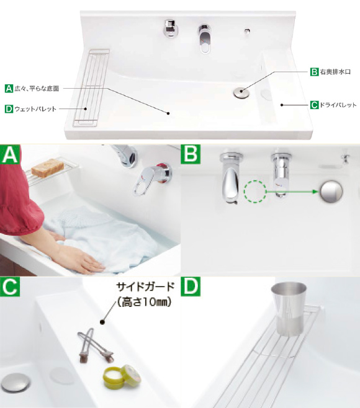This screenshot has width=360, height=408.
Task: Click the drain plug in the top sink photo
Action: tap(241, 92)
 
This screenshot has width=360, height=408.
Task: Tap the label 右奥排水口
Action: tap(335, 72)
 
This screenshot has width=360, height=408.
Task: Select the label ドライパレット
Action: tap(338, 105)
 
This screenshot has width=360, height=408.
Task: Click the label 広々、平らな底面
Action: tap(37, 89)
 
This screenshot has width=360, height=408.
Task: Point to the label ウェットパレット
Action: tap(35, 109)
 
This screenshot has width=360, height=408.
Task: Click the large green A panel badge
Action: tap(10, 154)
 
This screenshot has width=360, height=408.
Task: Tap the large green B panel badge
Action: tap(191, 154)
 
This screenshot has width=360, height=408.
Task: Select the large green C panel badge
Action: tap(10, 286)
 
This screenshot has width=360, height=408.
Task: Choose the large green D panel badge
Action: tap(191, 286)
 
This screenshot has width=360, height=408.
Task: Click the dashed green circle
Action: tap(255, 192)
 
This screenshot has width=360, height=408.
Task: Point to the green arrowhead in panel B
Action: tap(316, 192)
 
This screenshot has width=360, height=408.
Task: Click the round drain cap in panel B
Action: tap(331, 191)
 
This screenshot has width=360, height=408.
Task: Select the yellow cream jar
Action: tap(122, 377)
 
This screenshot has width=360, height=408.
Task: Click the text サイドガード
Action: tap(145, 287)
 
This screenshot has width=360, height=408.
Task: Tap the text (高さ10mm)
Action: tap(144, 303)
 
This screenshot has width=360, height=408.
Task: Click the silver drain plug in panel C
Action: tap(15, 383)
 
